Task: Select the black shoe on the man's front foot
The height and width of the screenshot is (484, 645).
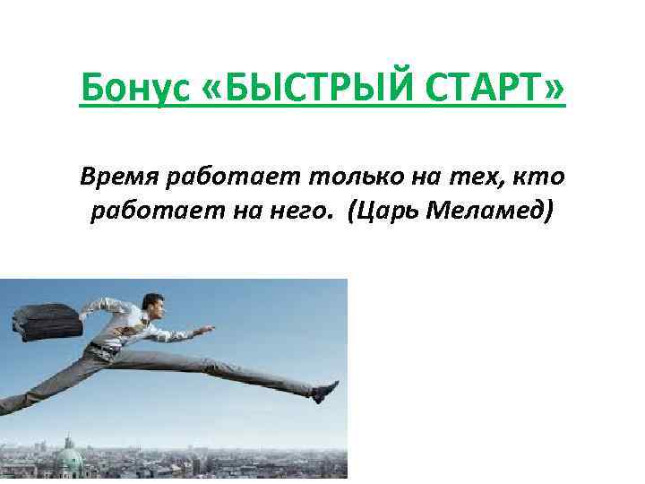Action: click(x=323, y=391)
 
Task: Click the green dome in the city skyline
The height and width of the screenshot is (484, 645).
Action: click(x=70, y=462)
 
